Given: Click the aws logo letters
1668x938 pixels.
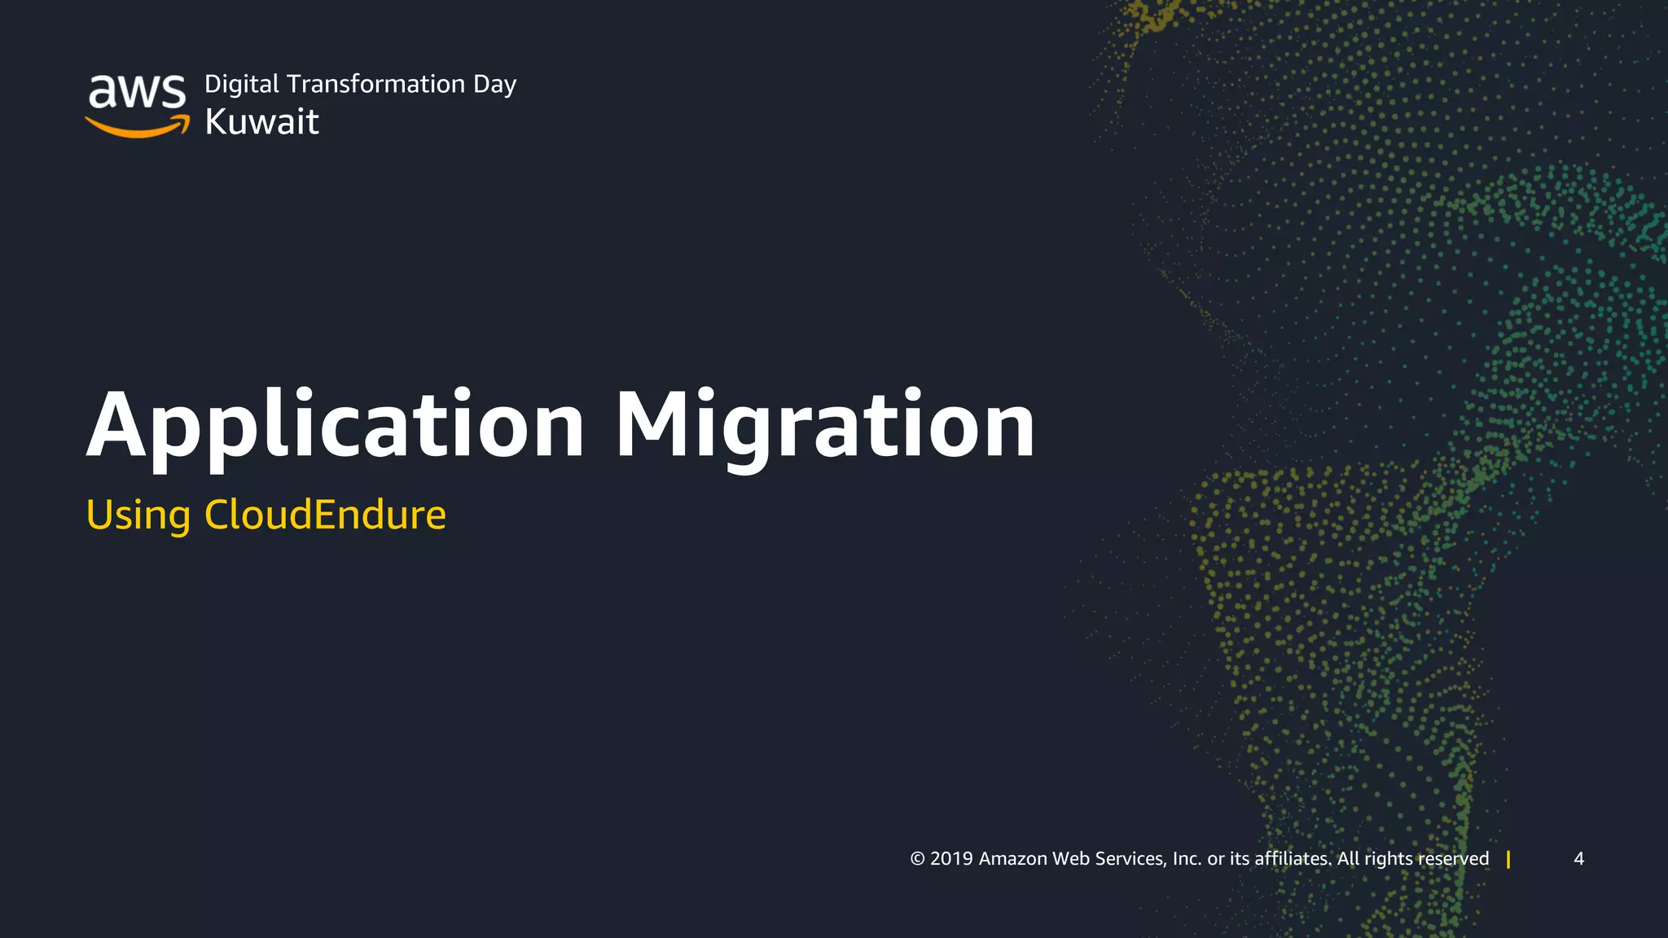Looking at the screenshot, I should click(137, 91).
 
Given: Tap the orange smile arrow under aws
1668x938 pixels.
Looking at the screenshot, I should click(137, 127).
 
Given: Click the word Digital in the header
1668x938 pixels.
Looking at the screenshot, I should click(242, 85).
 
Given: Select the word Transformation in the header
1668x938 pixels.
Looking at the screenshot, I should click(376, 84).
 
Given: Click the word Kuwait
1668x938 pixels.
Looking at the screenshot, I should click(261, 122).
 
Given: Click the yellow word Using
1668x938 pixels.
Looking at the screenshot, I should click(138, 515).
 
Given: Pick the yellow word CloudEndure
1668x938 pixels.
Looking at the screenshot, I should click(325, 515).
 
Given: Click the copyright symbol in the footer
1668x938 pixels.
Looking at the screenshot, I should click(918, 859).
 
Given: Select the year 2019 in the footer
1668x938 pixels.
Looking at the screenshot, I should click(951, 859).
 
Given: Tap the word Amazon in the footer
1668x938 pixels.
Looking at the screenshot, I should click(1012, 859).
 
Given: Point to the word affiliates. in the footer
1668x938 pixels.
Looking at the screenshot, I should click(1293, 859).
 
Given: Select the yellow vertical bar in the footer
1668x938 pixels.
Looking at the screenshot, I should click(1508, 859).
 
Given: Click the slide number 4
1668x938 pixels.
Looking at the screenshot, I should click(1578, 859).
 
